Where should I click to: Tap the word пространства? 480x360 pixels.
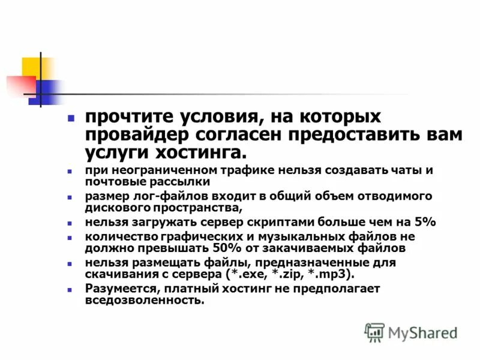[x=192, y=208]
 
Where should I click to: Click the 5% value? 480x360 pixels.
[x=423, y=222]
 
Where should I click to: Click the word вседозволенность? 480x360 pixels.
[x=144, y=300]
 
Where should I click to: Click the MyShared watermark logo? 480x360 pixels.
[x=412, y=332]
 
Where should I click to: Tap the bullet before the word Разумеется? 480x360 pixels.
[x=70, y=289]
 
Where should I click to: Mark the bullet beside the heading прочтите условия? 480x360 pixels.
[x=71, y=118]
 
